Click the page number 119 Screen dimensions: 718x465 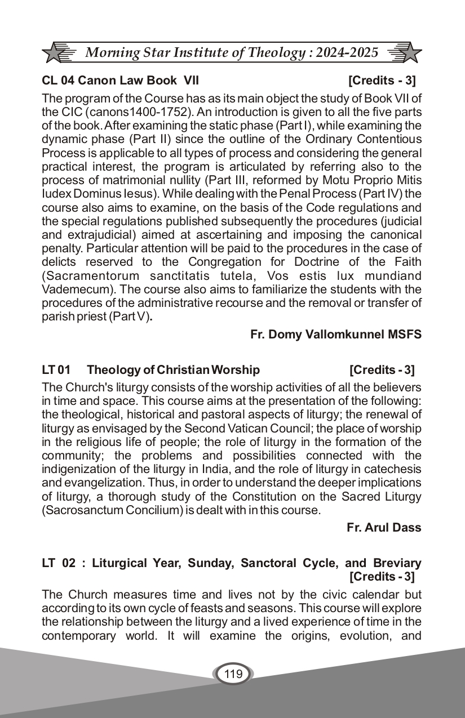[x=233, y=674]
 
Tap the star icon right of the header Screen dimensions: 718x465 [x=410, y=53]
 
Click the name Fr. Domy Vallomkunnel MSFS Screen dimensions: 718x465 [x=335, y=334]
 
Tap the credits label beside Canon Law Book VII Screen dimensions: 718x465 [x=382, y=81]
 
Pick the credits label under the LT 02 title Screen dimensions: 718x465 [x=382, y=576]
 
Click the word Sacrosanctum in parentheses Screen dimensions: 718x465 [x=79, y=510]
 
